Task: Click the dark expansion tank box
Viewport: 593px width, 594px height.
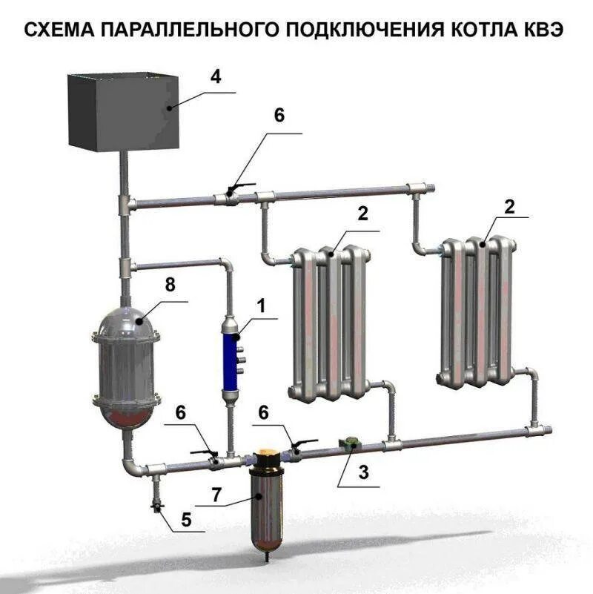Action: click(x=123, y=111)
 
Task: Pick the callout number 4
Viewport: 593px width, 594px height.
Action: click(x=214, y=77)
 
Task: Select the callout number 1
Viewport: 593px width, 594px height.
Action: click(x=259, y=303)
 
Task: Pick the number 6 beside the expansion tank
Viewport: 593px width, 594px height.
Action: click(x=279, y=116)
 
